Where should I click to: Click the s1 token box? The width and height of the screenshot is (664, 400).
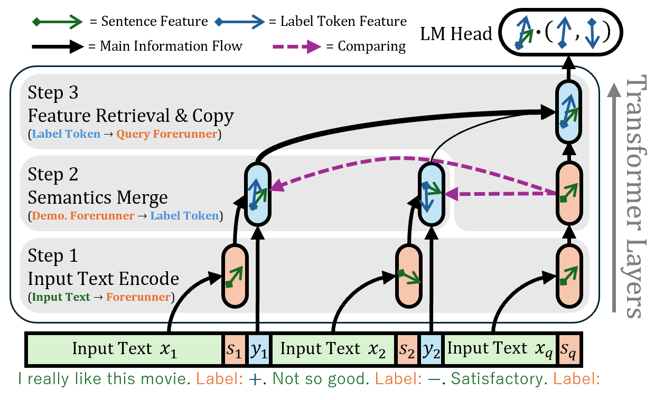[x=234, y=349]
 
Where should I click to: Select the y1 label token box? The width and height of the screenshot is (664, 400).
[x=259, y=349]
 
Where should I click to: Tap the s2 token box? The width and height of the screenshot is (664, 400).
[x=407, y=349]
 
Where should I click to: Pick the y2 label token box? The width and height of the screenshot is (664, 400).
[x=432, y=349]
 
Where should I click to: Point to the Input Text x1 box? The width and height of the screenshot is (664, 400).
[x=125, y=349]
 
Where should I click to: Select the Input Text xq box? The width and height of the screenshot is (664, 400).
[x=500, y=349]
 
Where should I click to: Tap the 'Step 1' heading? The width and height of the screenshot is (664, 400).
[x=52, y=256]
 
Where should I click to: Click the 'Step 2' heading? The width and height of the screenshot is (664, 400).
[x=52, y=175]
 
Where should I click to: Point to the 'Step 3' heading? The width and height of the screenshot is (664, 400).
[x=52, y=93]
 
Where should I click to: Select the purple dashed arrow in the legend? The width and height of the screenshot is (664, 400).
[x=296, y=46]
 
